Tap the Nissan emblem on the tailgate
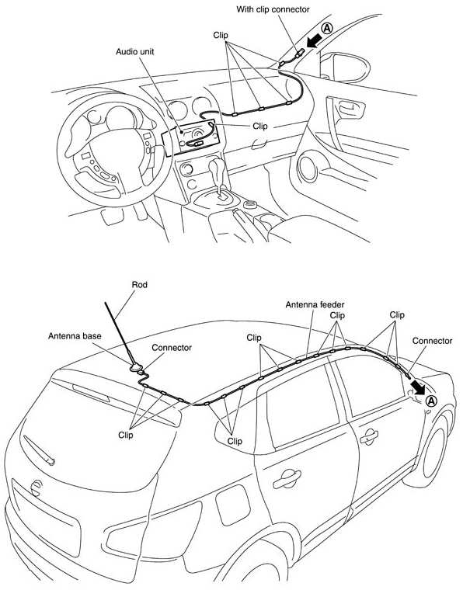35,488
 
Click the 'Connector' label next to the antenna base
172,348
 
